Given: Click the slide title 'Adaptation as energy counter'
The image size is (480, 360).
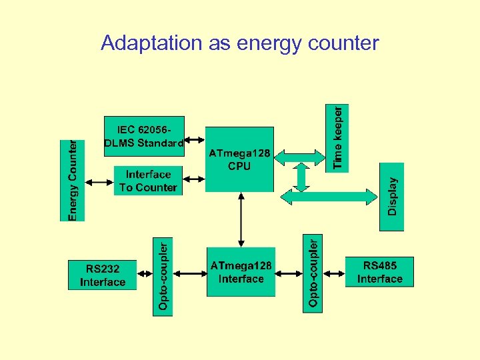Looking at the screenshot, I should [x=239, y=43].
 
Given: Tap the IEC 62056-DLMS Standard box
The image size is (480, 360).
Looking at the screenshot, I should [x=144, y=136].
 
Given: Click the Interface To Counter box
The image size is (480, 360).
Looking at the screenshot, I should [x=148, y=181].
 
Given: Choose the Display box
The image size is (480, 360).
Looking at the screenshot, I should [x=392, y=196].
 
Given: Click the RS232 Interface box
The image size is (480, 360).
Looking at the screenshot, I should [x=102, y=275].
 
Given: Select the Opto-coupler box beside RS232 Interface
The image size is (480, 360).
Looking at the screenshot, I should [x=163, y=276].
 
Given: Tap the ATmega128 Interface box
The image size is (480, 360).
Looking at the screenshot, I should [x=241, y=272].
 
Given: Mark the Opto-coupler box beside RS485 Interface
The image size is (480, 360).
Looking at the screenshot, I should [x=313, y=271].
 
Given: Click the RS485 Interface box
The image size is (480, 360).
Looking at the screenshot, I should [x=379, y=272].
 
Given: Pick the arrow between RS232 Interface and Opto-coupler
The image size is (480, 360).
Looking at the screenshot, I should [x=145, y=273].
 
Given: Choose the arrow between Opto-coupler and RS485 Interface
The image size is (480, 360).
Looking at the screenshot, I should [x=333, y=272].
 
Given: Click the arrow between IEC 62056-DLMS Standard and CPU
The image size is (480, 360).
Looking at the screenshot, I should [x=194, y=140].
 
